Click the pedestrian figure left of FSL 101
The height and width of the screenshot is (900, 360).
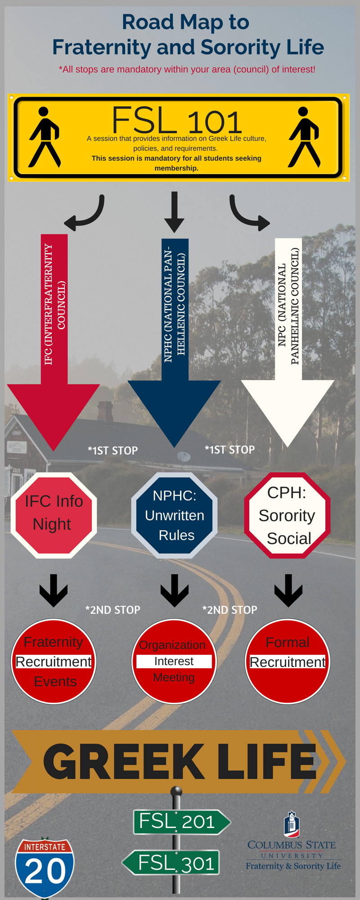click(x=44, y=137)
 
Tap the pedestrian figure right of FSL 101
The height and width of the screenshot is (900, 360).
click(x=304, y=137)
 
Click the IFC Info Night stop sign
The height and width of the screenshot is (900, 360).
click(x=54, y=515)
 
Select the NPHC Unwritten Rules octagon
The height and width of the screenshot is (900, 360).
click(x=175, y=515)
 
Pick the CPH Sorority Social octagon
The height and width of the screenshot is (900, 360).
click(x=287, y=515)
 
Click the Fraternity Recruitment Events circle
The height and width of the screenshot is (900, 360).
click(x=54, y=661)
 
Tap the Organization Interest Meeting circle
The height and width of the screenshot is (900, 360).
click(x=174, y=661)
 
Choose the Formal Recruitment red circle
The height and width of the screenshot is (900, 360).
click(x=288, y=661)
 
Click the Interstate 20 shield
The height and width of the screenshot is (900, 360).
click(x=45, y=868)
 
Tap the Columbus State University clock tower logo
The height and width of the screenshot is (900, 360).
click(x=292, y=824)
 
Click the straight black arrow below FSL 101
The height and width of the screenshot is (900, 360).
click(x=174, y=211)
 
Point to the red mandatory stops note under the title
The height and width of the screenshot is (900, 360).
click(x=187, y=69)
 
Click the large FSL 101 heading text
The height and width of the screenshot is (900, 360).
click(x=177, y=121)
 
